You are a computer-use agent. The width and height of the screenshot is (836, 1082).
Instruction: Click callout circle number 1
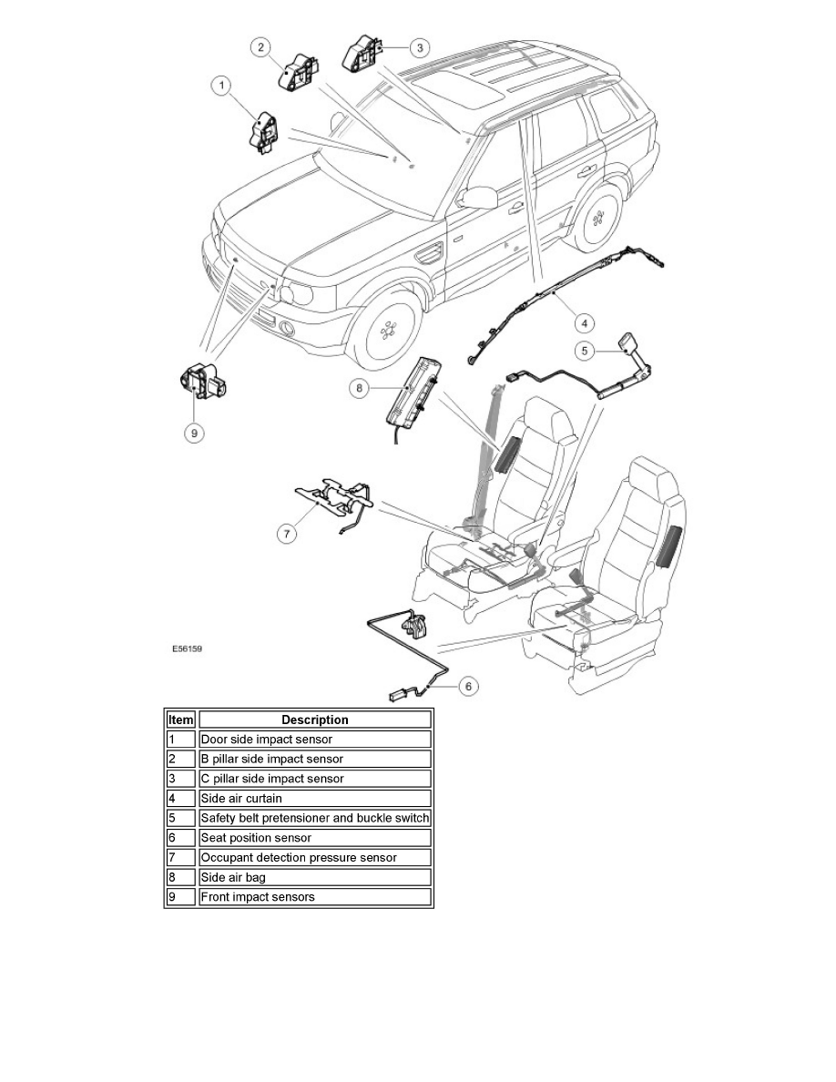(220, 86)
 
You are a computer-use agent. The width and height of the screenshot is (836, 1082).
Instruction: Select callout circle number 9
(193, 434)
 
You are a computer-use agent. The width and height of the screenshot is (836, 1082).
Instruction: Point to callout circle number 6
(465, 686)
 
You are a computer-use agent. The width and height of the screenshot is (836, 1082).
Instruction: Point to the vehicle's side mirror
(479, 195)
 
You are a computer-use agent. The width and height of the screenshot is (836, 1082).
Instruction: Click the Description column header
(314, 720)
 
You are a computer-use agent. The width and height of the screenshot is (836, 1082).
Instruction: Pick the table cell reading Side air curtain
(314, 798)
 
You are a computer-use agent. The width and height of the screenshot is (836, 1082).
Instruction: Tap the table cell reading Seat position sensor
(314, 838)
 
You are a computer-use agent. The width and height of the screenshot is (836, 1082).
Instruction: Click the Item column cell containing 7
(180, 858)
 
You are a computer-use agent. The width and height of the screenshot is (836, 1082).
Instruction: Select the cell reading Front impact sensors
(314, 897)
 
